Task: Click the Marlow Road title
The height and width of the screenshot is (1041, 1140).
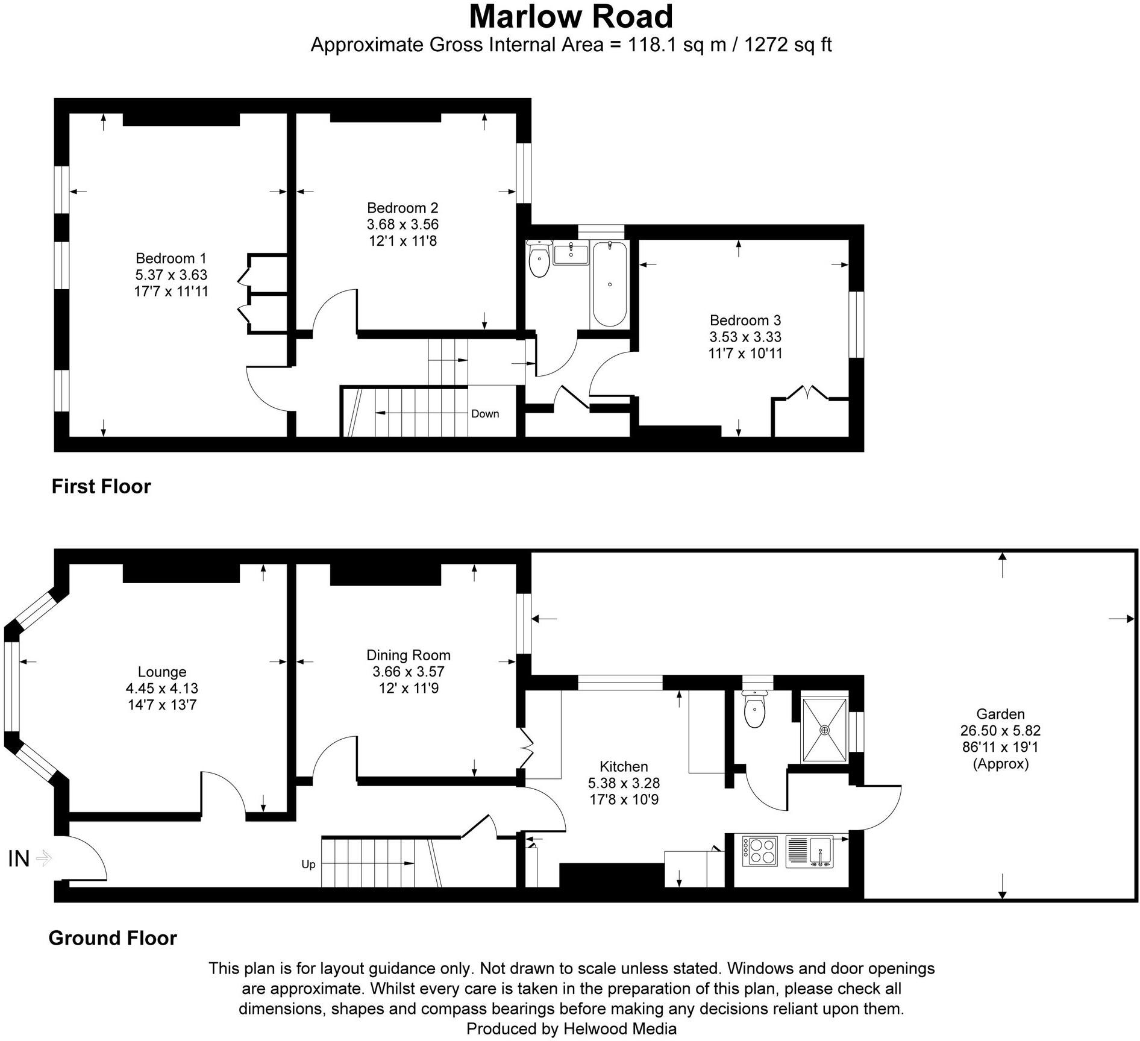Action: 571,17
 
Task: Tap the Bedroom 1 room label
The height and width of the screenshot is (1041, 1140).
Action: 171,258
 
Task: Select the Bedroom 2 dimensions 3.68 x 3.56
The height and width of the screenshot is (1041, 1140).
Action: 402,225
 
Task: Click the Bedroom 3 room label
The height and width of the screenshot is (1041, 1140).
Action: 745,320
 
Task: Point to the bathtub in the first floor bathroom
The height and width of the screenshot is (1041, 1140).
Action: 610,284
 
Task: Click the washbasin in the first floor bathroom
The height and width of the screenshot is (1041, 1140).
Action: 570,254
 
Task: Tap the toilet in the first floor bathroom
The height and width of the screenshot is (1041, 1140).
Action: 539,260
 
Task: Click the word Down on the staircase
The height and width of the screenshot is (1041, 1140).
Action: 485,414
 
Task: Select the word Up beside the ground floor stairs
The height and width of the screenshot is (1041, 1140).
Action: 308,864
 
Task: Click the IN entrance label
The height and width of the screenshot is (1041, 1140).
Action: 19,858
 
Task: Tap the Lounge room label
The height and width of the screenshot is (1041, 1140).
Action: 161,672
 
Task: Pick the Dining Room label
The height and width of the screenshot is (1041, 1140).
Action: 408,655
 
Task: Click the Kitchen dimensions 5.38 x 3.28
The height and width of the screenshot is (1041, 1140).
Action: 624,783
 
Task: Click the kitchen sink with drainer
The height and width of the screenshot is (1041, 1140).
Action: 809,851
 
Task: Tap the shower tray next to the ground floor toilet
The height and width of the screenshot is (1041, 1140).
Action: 824,730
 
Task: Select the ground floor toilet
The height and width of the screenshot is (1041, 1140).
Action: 754,711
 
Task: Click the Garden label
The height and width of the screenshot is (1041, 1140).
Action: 1000,714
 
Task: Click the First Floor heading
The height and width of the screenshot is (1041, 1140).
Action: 101,486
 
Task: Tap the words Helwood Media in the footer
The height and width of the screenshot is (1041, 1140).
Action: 620,1029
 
